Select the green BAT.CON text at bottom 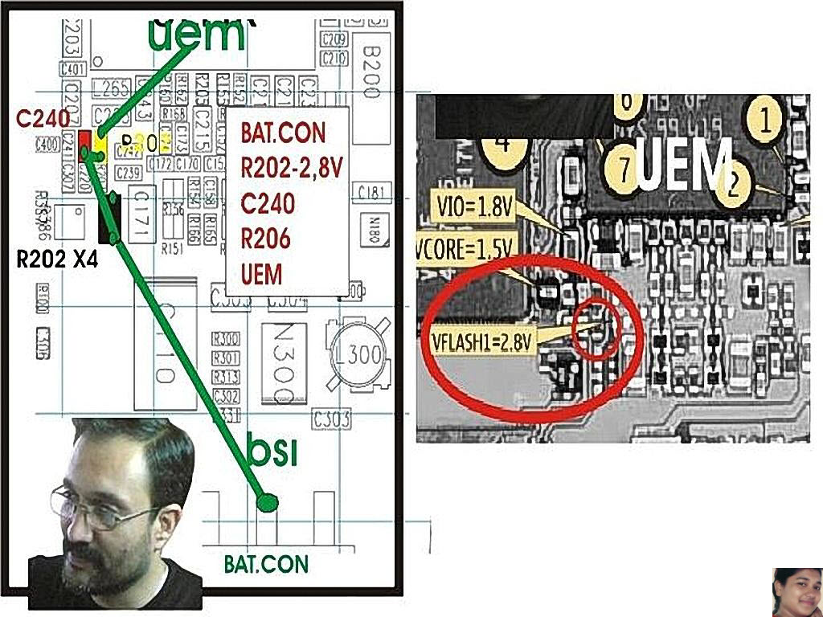pyautogui.click(x=266, y=563)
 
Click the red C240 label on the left pyautogui.click(x=43, y=119)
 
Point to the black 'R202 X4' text pyautogui.click(x=58, y=259)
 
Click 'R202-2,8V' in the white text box pyautogui.click(x=293, y=167)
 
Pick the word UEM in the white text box pyautogui.click(x=262, y=274)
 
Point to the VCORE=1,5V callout pyautogui.click(x=465, y=251)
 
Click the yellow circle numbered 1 pyautogui.click(x=765, y=121)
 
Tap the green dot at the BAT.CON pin pyautogui.click(x=267, y=503)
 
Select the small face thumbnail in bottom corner pyautogui.click(x=796, y=592)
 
